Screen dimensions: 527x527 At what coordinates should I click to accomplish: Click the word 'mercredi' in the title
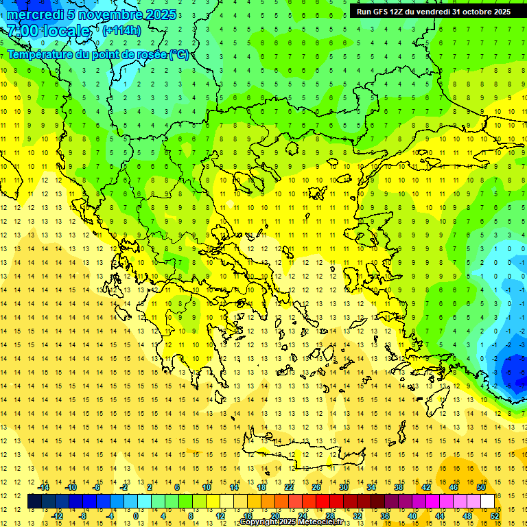coord(36,14)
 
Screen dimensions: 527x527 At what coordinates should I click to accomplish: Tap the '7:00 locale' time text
coord(48,31)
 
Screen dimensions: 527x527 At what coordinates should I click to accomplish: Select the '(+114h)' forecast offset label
coord(121,30)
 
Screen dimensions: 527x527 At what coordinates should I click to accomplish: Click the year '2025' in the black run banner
coord(499,11)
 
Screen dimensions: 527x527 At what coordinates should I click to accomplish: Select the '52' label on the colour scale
coord(495,516)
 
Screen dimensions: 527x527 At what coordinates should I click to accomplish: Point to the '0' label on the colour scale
coord(135,516)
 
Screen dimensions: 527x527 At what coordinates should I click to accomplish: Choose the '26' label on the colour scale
coord(316,487)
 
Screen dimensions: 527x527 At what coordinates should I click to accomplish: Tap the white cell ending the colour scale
coord(488,502)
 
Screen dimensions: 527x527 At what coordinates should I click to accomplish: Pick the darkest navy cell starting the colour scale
coord(35,502)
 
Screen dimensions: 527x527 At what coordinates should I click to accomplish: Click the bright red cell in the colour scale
coord(323,502)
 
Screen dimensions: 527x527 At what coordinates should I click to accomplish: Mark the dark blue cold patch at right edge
coord(513,371)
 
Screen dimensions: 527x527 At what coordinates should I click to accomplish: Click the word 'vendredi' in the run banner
coord(432,11)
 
